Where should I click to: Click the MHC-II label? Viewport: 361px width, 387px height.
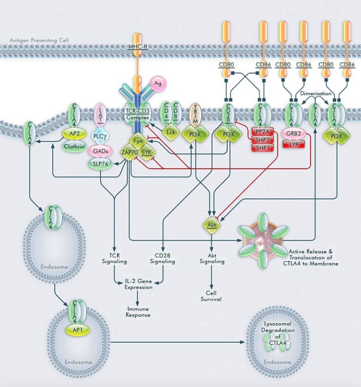click(138, 47)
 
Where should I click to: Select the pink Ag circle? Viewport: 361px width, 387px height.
click(158, 84)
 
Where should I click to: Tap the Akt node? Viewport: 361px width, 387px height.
click(212, 225)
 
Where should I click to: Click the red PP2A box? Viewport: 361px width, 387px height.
click(262, 132)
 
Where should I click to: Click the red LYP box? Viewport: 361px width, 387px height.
click(293, 144)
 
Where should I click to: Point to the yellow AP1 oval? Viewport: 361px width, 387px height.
click(74, 329)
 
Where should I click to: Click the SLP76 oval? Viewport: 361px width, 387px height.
click(100, 164)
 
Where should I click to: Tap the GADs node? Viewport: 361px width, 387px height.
click(100, 152)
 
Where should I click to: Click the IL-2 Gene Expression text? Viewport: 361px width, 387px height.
click(139, 285)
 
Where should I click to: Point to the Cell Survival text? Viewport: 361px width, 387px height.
click(211, 295)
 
